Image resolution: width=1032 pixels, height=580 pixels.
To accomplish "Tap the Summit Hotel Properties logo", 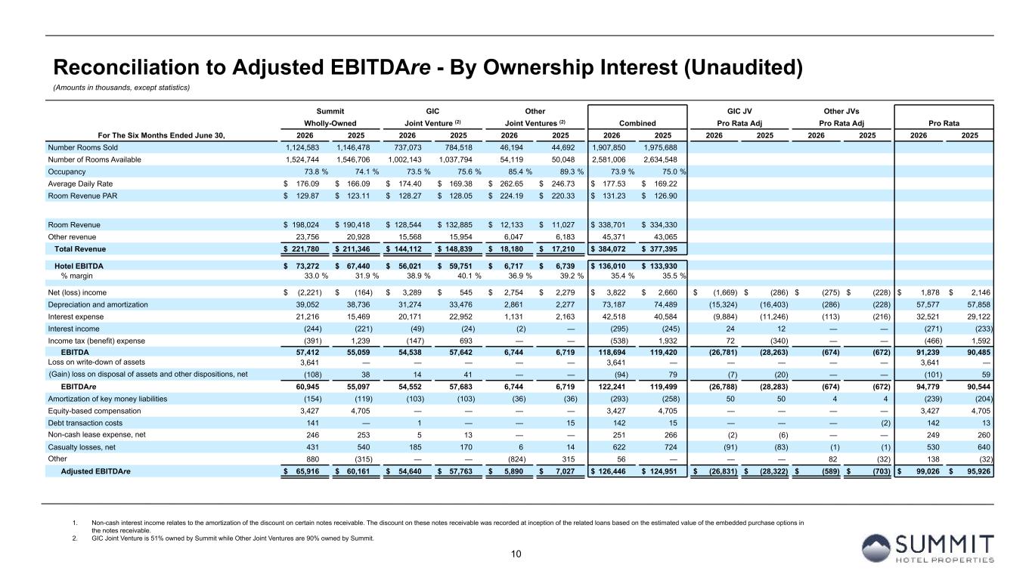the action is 928,548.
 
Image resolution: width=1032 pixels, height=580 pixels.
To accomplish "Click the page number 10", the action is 516,554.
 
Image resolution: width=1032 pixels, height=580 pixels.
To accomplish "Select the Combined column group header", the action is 637,123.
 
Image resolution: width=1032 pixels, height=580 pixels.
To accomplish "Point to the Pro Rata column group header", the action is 944,123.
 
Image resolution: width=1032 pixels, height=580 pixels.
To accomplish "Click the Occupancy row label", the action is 67,171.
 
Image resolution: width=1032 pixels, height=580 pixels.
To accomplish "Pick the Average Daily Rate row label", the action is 80,184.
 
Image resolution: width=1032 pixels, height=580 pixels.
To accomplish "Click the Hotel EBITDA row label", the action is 79,266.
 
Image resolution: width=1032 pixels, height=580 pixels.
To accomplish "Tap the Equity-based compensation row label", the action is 95,411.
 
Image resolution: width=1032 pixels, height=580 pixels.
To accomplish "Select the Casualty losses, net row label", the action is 82,447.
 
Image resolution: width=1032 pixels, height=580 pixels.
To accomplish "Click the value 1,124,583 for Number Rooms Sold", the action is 302,148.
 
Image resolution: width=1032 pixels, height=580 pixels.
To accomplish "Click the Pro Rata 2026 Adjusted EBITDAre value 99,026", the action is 928,471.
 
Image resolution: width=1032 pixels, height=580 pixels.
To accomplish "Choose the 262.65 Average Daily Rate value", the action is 512,184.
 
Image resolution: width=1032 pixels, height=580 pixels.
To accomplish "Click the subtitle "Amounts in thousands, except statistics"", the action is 122,88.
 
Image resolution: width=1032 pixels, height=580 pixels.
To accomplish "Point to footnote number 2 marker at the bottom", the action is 74,538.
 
